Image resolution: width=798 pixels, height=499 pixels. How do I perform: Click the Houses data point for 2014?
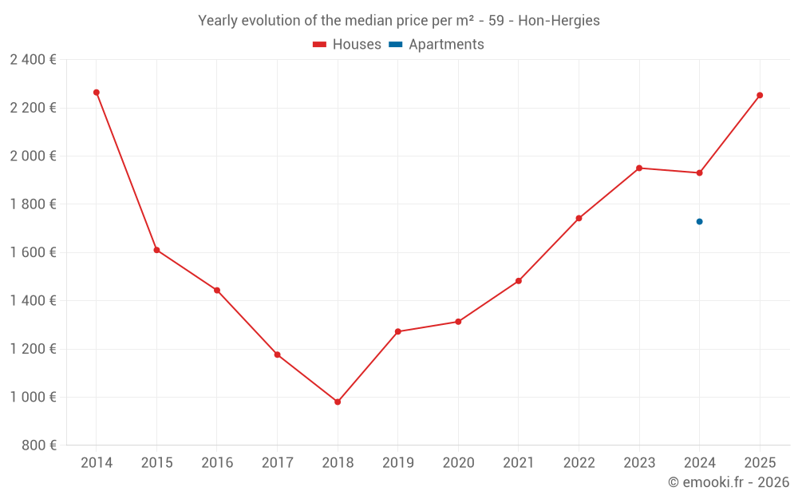[97, 93]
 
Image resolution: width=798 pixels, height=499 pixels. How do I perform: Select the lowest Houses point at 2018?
[338, 402]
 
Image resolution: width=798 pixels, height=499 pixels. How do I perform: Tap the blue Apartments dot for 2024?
[699, 221]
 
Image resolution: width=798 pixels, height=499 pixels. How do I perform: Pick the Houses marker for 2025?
[760, 95]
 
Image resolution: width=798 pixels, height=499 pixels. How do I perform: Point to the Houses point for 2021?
[519, 281]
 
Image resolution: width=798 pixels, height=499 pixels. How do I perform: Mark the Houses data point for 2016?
[217, 290]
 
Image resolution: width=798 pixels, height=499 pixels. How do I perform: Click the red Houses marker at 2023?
[639, 168]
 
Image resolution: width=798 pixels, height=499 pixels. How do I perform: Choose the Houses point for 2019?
[398, 331]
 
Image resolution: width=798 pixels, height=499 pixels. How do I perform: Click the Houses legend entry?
[347, 45]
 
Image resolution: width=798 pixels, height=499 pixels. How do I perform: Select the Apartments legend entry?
[437, 45]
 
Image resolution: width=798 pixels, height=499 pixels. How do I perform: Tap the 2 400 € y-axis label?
[33, 59]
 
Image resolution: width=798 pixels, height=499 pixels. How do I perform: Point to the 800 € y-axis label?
[39, 446]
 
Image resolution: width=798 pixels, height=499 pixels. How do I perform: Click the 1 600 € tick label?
[33, 252]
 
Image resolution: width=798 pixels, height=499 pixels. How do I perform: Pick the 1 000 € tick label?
[33, 397]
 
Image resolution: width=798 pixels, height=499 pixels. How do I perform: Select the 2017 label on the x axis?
[277, 463]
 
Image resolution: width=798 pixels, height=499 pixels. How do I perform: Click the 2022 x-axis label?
[579, 463]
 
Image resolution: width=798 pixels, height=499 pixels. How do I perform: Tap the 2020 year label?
[458, 463]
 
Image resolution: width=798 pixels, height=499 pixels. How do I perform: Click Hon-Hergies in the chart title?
[559, 21]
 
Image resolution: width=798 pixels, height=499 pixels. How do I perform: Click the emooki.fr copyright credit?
[729, 482]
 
